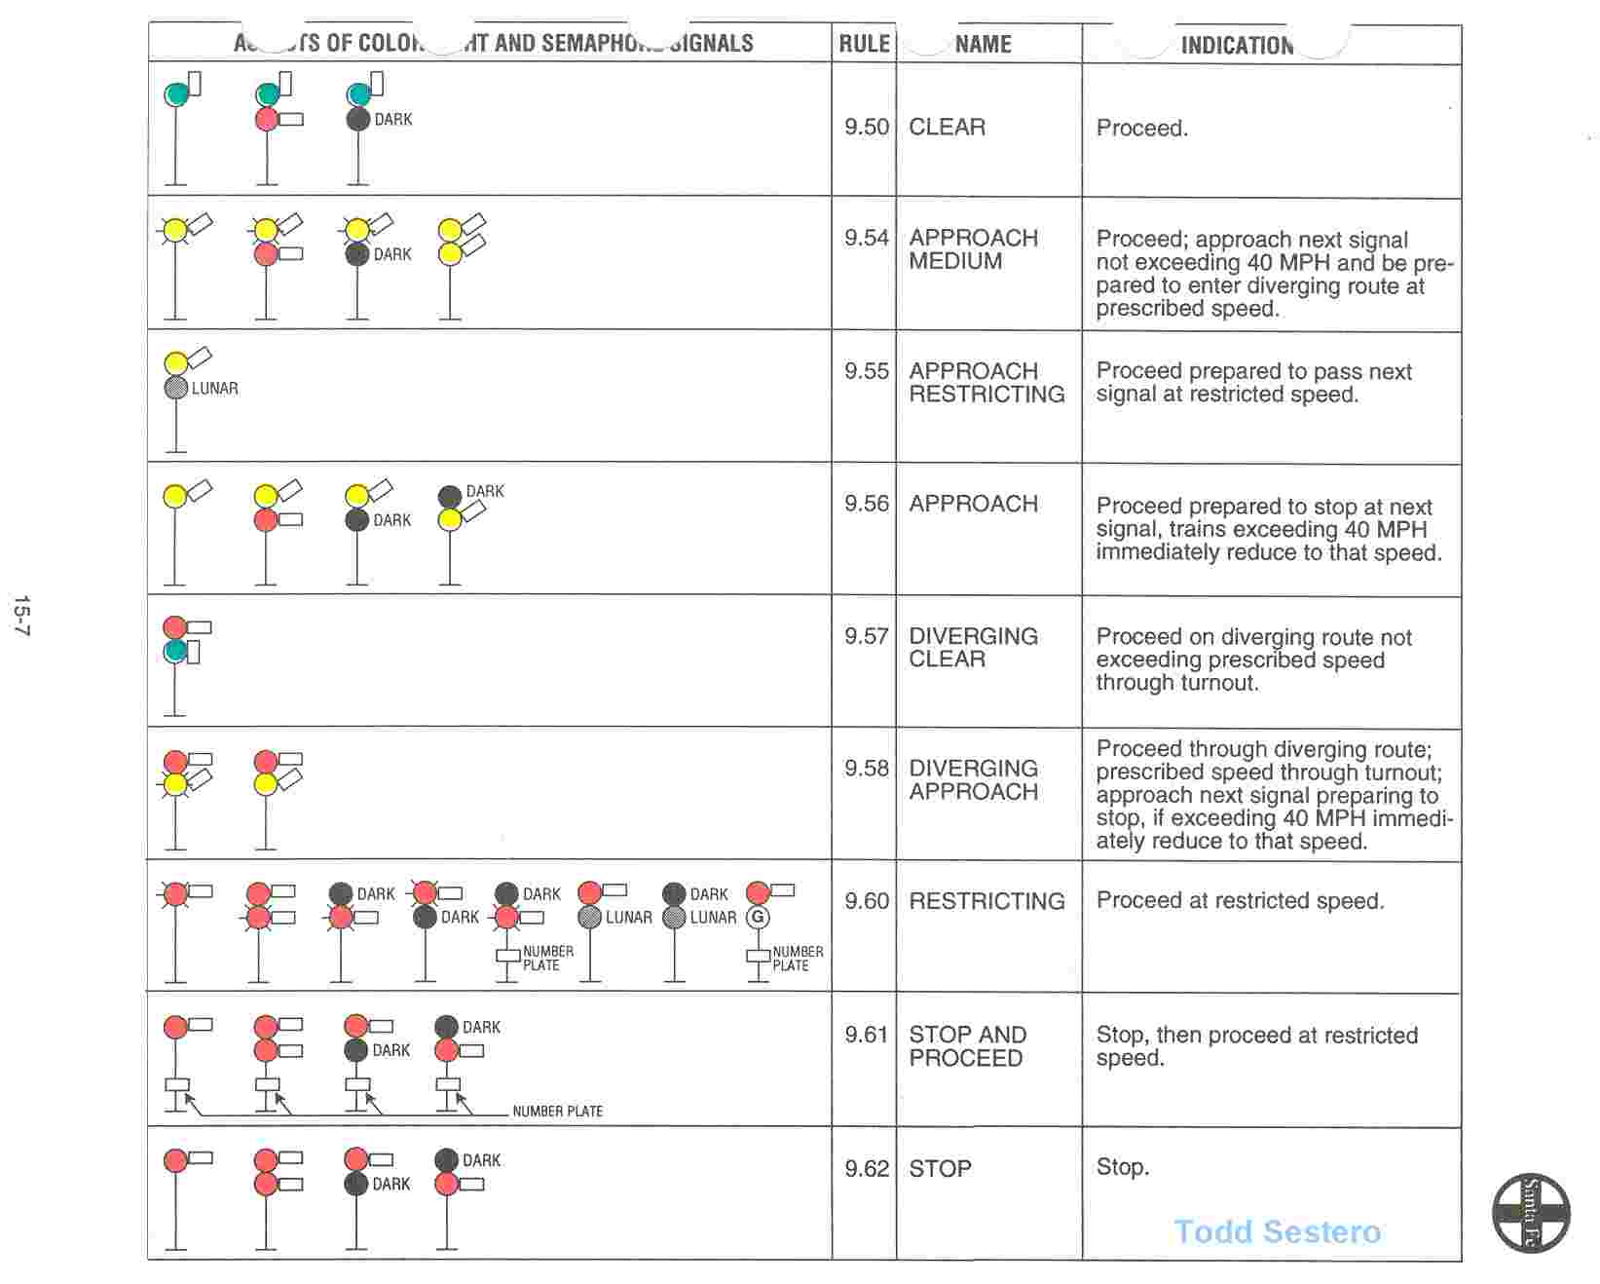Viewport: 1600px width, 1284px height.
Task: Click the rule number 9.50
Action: click(866, 127)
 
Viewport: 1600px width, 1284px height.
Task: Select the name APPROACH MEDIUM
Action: click(973, 249)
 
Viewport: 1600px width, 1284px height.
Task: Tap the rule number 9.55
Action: click(866, 371)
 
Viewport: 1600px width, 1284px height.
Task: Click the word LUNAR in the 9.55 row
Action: click(214, 388)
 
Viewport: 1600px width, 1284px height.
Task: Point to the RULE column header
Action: click(864, 44)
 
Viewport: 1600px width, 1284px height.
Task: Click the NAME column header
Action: click(983, 44)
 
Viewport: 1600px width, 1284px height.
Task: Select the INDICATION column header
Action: click(1237, 45)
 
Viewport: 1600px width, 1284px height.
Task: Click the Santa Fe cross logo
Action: click(1531, 1213)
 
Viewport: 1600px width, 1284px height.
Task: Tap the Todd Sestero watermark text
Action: click(1277, 1231)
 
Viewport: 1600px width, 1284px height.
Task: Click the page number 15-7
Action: click(21, 616)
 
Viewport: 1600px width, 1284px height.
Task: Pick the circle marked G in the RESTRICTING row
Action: click(758, 917)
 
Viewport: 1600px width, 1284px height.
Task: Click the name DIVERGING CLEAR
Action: click(973, 648)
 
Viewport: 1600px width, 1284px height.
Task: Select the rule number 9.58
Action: click(866, 769)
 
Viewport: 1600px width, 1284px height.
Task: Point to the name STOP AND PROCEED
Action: click(967, 1046)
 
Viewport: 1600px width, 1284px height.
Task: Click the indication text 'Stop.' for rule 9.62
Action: click(1122, 1167)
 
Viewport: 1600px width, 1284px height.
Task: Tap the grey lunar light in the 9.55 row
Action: click(175, 388)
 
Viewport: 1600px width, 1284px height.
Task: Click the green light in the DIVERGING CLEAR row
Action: click(175, 651)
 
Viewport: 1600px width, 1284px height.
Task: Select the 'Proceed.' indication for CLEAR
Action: click(1141, 128)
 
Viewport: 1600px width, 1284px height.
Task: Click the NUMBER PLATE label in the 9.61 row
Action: click(557, 1111)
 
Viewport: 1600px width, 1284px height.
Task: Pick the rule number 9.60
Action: click(866, 901)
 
